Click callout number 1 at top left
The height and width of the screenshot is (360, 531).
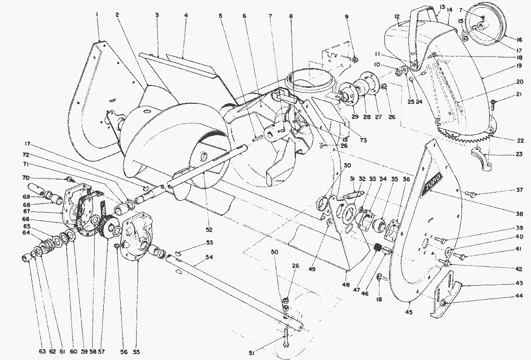point(97,15)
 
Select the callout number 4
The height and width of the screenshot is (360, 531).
point(185,15)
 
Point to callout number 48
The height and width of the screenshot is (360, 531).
point(347,285)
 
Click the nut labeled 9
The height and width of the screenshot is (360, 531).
point(354,60)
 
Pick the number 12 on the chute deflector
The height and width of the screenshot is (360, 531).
point(397,17)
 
